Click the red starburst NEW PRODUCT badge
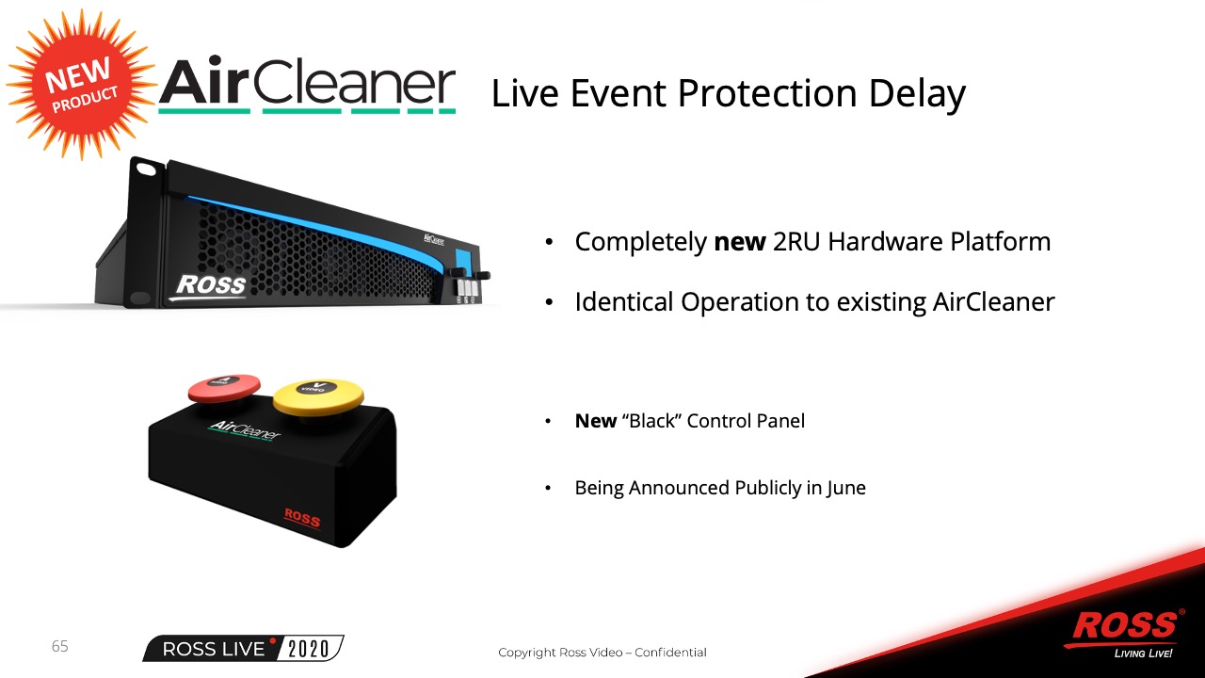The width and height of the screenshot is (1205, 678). [x=82, y=85]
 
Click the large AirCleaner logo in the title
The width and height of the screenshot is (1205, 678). [x=307, y=85]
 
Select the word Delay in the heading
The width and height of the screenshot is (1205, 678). [x=917, y=94]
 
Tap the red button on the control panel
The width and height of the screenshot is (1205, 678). [x=224, y=387]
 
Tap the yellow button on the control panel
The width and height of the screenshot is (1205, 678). [x=318, y=397]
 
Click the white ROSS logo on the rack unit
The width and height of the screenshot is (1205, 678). [x=211, y=285]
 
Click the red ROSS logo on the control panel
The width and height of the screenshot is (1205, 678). [x=302, y=518]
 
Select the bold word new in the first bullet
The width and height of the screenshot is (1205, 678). [x=740, y=242]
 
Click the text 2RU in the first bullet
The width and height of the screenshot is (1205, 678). [x=797, y=241]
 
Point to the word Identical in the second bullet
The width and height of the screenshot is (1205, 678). [x=624, y=301]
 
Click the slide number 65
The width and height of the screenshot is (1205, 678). [x=59, y=646]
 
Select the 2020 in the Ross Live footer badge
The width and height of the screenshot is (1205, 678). [x=308, y=649]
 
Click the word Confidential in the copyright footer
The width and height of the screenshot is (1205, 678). [x=670, y=653]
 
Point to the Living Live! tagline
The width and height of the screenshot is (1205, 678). [x=1143, y=654]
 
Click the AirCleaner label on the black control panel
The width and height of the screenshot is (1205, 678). [x=245, y=430]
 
